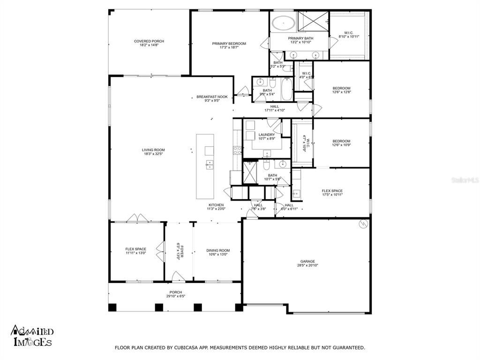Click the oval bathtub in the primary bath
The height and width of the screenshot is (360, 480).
pyautogui.click(x=283, y=22)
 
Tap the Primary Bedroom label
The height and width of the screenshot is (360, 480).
pyautogui.click(x=229, y=44)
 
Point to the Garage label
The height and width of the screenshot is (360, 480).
pyautogui.click(x=307, y=262)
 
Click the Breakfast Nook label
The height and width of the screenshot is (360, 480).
pyautogui.click(x=212, y=97)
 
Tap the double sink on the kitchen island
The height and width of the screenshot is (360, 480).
pyautogui.click(x=209, y=165)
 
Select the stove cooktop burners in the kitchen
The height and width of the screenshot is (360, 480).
pyautogui.click(x=237, y=150)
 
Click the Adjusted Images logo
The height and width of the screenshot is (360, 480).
pyautogui.click(x=31, y=336)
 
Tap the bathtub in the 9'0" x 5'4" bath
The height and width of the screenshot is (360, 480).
pyautogui.click(x=286, y=89)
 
